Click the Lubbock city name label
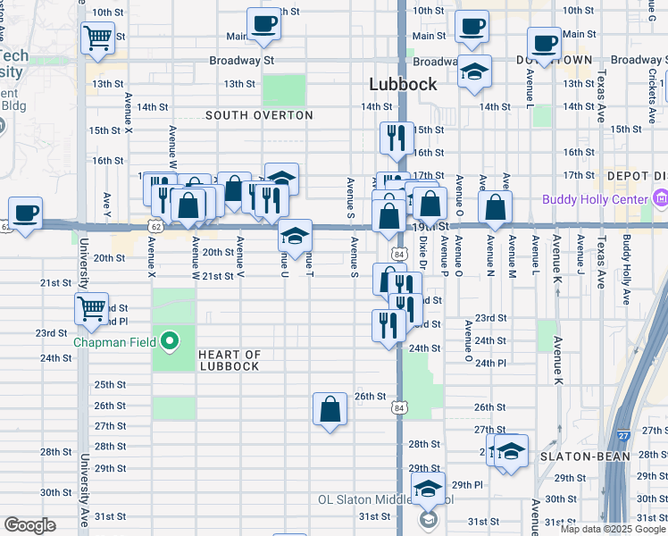404,84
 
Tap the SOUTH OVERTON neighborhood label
259,115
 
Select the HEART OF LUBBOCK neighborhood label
229,360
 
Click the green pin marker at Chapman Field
170,341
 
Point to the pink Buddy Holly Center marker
660,197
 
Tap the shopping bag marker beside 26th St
330,409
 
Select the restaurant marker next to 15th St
396,138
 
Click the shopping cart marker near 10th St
97,38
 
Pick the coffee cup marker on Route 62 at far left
26,213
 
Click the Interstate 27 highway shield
623,435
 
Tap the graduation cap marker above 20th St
295,236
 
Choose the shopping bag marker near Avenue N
495,207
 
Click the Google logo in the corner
29,525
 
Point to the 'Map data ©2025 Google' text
614,529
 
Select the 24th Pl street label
490,364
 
